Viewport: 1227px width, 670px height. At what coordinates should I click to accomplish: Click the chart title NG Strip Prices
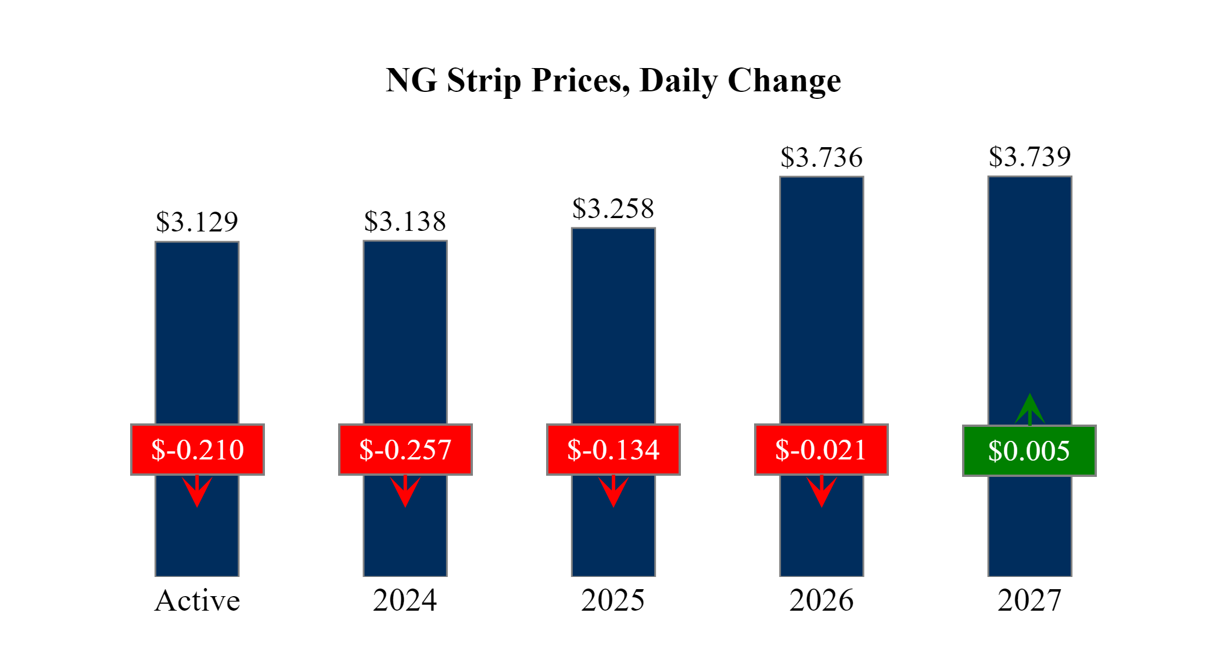pyautogui.click(x=613, y=80)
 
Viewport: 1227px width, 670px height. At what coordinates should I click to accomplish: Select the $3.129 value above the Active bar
pyautogui.click(x=197, y=222)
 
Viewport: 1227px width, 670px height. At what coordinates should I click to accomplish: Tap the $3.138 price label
pyautogui.click(x=405, y=221)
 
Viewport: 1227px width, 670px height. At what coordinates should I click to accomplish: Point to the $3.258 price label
pyautogui.click(x=613, y=208)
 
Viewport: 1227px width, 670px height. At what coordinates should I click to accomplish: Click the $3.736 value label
pyautogui.click(x=821, y=158)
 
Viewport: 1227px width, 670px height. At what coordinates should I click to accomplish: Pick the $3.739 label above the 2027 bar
pyautogui.click(x=1029, y=156)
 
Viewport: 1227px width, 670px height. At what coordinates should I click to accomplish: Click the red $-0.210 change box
pyautogui.click(x=198, y=450)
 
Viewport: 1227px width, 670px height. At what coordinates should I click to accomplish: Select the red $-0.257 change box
pyautogui.click(x=405, y=450)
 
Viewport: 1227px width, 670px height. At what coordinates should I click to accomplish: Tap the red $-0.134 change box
pyautogui.click(x=613, y=450)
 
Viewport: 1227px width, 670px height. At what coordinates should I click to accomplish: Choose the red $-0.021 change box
pyautogui.click(x=821, y=450)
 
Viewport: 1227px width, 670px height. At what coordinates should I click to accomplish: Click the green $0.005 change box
pyautogui.click(x=1029, y=451)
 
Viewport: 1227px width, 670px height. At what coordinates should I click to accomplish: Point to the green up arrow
pyautogui.click(x=1029, y=409)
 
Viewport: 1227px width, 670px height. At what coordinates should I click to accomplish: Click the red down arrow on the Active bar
pyautogui.click(x=197, y=491)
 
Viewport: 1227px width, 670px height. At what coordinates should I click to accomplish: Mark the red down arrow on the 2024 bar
pyautogui.click(x=405, y=491)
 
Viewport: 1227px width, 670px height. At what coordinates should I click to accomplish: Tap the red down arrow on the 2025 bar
pyautogui.click(x=613, y=491)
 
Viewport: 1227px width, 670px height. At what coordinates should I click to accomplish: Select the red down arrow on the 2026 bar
pyautogui.click(x=821, y=491)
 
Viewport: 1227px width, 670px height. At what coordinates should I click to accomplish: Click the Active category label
pyautogui.click(x=197, y=600)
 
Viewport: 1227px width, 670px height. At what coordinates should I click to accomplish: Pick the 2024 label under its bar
pyautogui.click(x=405, y=600)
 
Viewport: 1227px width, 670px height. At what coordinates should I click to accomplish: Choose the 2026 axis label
pyautogui.click(x=821, y=600)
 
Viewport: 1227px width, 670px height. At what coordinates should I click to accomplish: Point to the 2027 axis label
pyautogui.click(x=1029, y=600)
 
